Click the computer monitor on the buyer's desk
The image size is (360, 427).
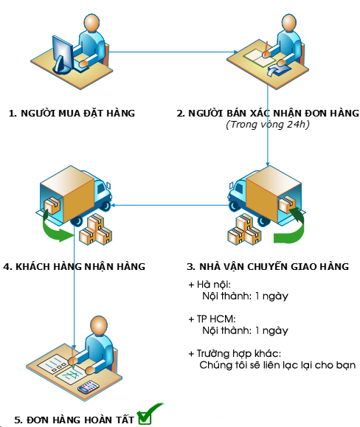point(63,55)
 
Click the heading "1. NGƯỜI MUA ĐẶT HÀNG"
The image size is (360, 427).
point(72,114)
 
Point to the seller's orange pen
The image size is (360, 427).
point(266,49)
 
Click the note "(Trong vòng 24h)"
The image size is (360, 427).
point(268,125)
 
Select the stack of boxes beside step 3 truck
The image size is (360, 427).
point(244,229)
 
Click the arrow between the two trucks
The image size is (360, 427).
point(170,205)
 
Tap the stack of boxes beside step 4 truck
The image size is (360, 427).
point(96,229)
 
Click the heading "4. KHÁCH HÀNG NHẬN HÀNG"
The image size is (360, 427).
point(75,267)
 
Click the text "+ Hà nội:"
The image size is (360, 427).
point(210,285)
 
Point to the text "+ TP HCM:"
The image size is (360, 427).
point(212,319)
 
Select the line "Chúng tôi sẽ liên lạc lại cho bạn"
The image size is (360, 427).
point(277,365)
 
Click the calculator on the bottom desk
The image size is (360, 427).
point(89,387)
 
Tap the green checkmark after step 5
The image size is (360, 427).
point(150,414)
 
